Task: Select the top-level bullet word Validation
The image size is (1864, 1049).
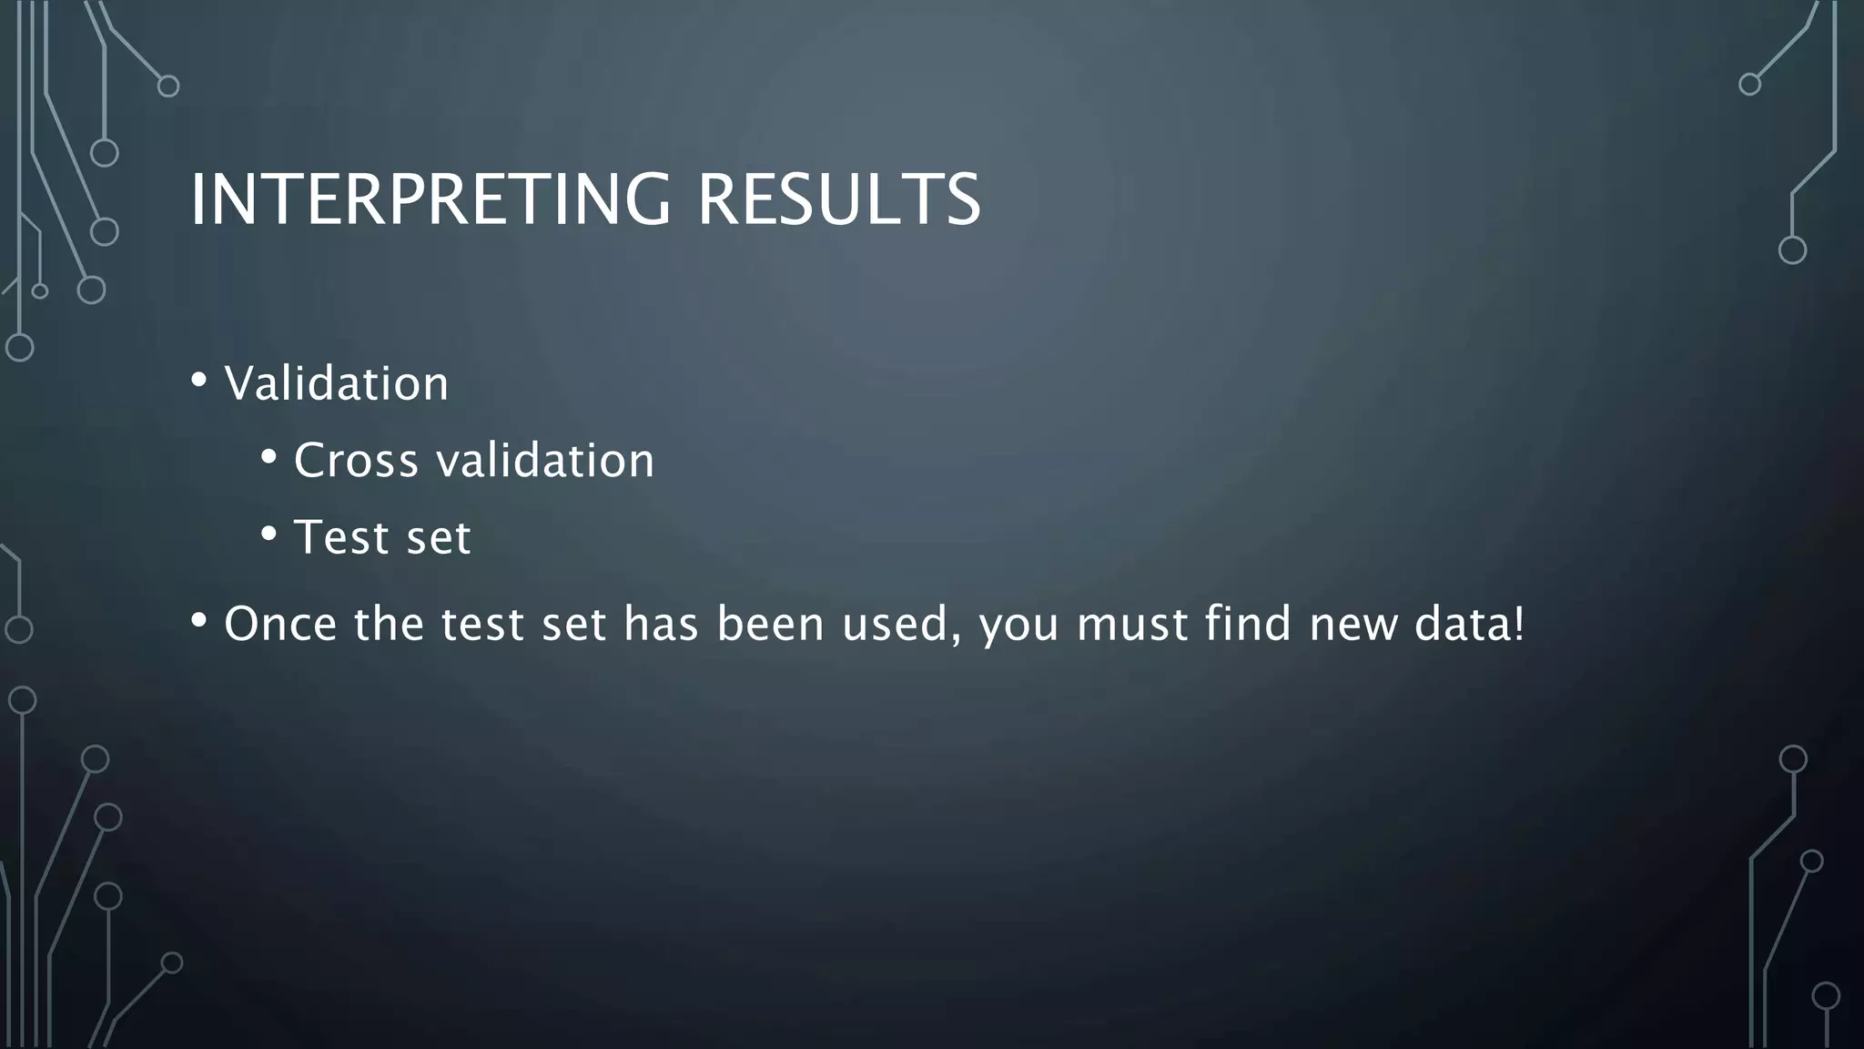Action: [337, 383]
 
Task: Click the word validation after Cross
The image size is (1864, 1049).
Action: [545, 460]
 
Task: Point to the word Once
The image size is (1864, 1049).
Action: [280, 625]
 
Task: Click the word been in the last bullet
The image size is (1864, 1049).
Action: [770, 625]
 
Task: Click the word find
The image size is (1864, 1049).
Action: [1248, 625]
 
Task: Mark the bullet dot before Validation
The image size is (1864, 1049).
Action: [198, 381]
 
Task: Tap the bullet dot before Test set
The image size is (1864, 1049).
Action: [268, 535]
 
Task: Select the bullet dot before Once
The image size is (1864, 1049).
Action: [198, 621]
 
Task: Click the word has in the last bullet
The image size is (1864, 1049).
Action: [661, 625]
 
